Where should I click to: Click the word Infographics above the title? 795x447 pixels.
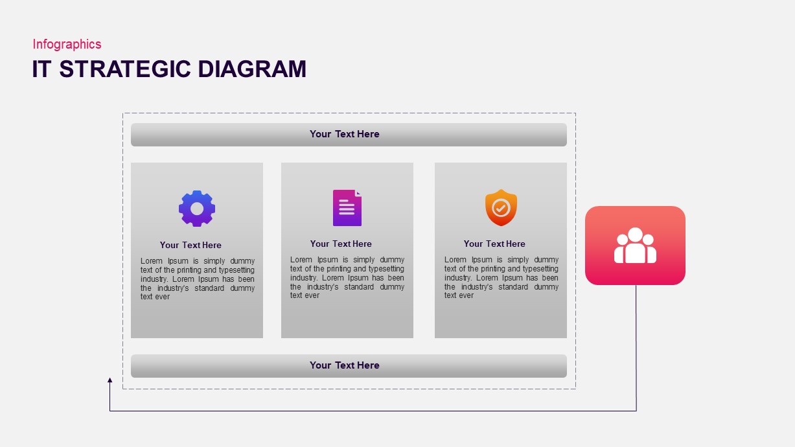click(67, 44)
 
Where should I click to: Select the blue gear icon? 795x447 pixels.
click(197, 208)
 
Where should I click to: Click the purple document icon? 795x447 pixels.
click(347, 208)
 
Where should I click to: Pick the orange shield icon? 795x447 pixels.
click(501, 207)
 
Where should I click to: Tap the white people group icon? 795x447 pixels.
click(635, 246)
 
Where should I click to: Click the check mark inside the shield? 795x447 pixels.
click(501, 208)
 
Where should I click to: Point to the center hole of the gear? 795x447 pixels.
click(197, 208)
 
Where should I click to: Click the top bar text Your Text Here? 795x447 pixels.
click(345, 134)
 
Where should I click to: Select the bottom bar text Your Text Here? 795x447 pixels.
click(345, 365)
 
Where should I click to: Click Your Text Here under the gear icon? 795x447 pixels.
click(190, 245)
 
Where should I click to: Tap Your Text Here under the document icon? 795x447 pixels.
click(341, 244)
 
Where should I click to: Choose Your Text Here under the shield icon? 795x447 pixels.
click(494, 244)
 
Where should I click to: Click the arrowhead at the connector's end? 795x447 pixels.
click(110, 380)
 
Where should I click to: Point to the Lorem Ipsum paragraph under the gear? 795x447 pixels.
click(198, 279)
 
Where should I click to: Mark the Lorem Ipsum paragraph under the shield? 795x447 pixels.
click(501, 277)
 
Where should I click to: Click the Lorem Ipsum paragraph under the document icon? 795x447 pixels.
click(347, 277)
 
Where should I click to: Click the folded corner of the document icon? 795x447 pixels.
click(358, 192)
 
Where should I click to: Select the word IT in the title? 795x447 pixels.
click(41, 69)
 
